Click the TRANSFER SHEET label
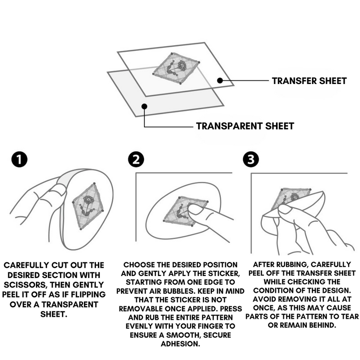click(x=309, y=81)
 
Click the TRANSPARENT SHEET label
click(x=245, y=126)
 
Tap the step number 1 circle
click(x=19, y=159)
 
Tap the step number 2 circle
click(x=136, y=159)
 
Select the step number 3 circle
click(x=251, y=159)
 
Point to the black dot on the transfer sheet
click(x=220, y=80)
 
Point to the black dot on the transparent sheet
click(x=144, y=106)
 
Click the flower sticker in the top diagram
click(x=176, y=68)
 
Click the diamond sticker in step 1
click(x=87, y=206)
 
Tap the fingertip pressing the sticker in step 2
click(x=195, y=209)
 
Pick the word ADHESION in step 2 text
click(x=180, y=344)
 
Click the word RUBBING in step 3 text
click(x=291, y=264)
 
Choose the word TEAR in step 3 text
click(x=350, y=316)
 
